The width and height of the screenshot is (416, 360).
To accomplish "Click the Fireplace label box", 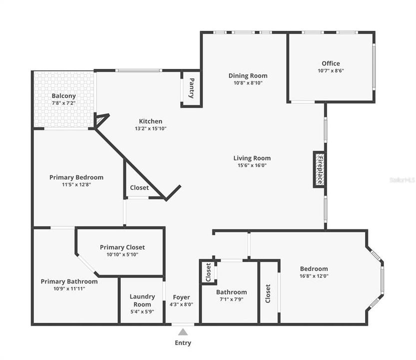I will click(319, 169).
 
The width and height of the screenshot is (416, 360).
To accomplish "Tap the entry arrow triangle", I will click(183, 331).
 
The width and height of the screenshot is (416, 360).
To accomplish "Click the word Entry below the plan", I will click(183, 343).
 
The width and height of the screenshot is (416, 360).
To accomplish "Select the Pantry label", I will click(191, 88).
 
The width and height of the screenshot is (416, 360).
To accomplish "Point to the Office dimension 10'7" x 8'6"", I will click(331, 70).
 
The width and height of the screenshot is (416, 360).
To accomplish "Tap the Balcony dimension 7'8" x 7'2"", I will click(63, 103).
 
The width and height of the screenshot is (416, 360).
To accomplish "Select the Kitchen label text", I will click(150, 121).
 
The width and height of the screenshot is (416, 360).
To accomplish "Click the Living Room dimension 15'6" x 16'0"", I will click(252, 165).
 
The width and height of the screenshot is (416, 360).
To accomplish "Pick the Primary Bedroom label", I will click(76, 177).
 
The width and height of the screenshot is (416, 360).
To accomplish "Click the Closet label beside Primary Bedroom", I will click(139, 188).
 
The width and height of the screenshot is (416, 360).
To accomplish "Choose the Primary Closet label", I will click(122, 247).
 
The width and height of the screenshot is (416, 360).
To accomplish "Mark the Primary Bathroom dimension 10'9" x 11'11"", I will click(69, 288).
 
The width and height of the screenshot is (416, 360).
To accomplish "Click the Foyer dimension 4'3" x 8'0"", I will click(181, 304).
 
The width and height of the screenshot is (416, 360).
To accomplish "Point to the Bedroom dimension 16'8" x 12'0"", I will click(314, 275).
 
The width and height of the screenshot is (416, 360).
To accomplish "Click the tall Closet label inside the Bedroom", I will click(268, 293).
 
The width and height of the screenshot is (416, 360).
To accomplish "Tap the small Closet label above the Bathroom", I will click(208, 272).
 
